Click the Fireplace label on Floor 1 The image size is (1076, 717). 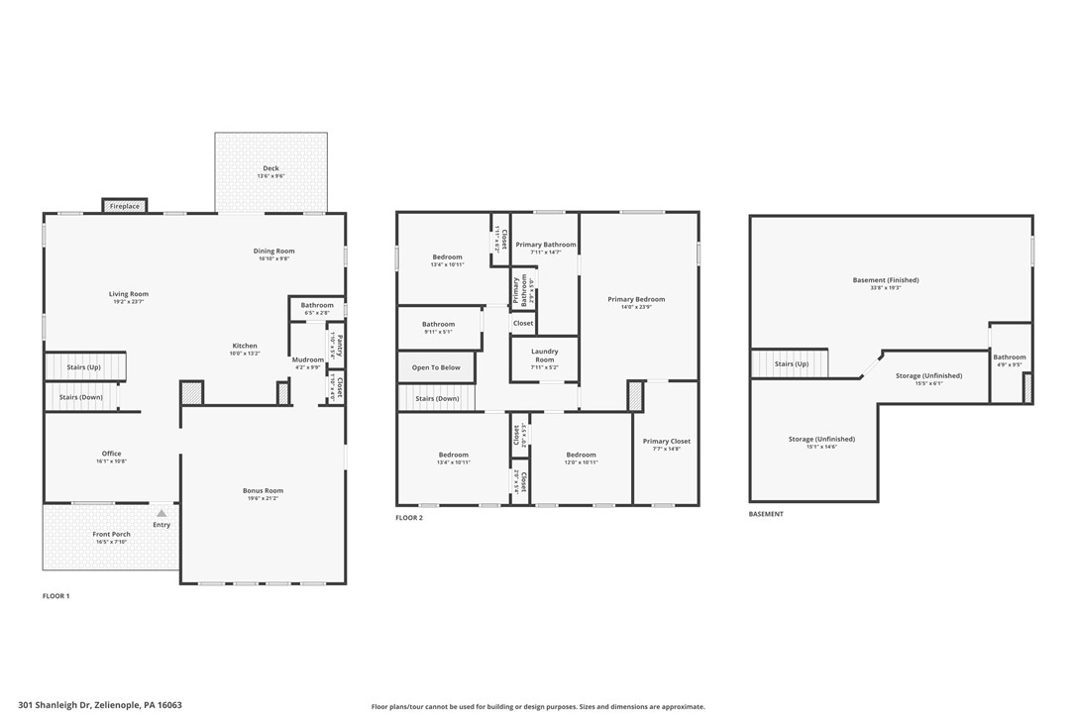point(125,206)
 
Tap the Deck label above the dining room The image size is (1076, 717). point(270,168)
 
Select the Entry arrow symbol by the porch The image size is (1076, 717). point(161,513)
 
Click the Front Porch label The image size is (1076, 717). point(112,534)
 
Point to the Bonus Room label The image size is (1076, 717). point(263,490)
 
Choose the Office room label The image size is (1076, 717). point(111,454)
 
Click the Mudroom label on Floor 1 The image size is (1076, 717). point(307,359)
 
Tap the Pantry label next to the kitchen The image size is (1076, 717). point(339,346)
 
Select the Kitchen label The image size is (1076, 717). point(245,346)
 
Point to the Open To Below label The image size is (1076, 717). point(436,367)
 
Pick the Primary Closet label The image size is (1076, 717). point(666,441)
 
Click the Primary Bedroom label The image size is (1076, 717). point(636,299)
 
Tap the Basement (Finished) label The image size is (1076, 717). point(886,280)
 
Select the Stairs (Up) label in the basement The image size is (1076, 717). point(791,363)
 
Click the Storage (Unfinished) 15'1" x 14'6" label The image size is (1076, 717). point(821,439)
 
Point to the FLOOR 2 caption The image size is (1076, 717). point(409,518)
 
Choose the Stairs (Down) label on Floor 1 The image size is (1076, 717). point(81,397)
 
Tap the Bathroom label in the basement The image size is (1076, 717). point(1010,357)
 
